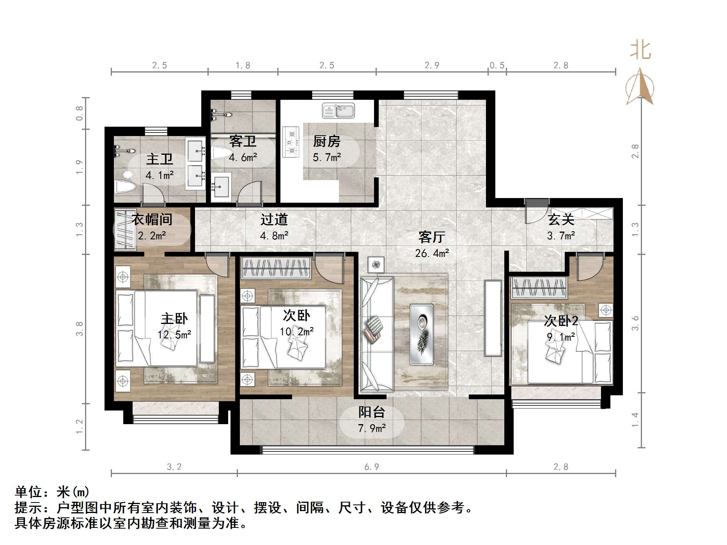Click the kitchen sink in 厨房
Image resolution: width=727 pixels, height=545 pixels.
[338, 111]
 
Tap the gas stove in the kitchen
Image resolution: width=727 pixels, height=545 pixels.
[291, 142]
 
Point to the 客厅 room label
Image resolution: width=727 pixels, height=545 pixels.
[431, 237]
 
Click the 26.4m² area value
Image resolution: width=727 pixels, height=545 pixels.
[432, 254]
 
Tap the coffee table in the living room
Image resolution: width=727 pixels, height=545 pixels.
[421, 334]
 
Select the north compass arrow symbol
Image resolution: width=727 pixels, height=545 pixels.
[640, 87]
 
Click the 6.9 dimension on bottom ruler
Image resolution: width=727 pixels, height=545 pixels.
[371, 467]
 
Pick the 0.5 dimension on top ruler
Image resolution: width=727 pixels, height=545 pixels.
[497, 65]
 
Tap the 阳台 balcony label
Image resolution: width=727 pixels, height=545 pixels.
[372, 412]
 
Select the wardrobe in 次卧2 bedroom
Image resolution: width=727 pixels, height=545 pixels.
[539, 288]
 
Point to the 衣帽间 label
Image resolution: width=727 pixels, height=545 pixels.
[152, 219]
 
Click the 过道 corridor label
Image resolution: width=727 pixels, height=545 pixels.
[274, 220]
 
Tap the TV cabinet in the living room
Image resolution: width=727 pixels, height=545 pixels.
[493, 318]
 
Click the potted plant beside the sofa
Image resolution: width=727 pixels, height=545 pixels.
[376, 265]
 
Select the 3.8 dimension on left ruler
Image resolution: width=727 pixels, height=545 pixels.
[80, 329]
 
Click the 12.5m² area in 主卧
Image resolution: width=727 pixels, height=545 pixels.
[174, 335]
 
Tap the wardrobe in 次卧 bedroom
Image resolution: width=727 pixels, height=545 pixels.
[276, 268]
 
